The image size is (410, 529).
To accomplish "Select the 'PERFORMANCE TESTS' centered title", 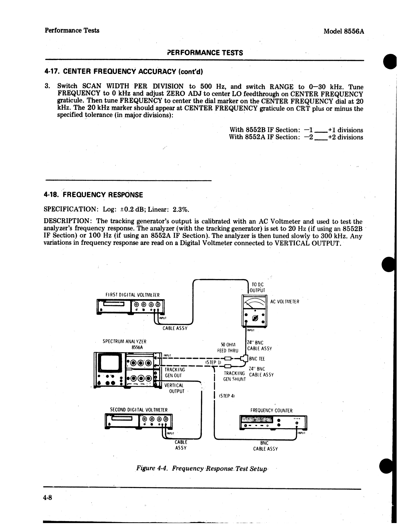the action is coord(205,53).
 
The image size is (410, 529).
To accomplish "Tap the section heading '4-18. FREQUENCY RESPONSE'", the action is coord(93,195).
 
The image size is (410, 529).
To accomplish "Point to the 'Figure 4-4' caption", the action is coord(201,468).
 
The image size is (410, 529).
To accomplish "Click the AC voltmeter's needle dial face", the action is coord(254,303).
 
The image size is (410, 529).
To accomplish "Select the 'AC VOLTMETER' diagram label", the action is coord(284,302).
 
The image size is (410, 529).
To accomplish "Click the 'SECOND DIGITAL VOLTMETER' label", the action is coord(139,410).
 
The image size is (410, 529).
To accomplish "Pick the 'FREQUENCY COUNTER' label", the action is coord(271,411).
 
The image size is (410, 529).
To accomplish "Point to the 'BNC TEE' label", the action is coord(257,359).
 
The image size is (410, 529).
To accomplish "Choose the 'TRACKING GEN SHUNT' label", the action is coord(234,376).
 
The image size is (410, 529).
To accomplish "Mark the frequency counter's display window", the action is coord(257,420).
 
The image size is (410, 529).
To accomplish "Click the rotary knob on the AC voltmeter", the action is coord(255,318).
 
